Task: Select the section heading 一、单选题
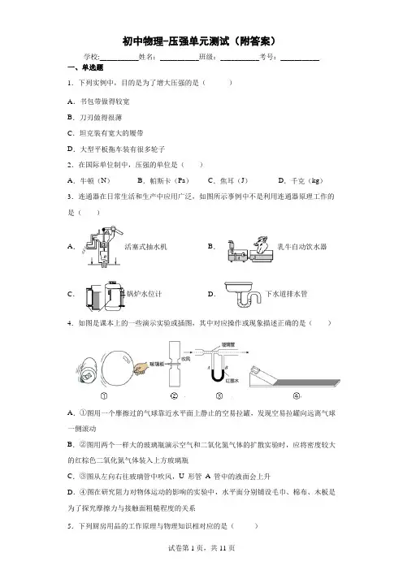[85, 67]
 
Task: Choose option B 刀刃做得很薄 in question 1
[94, 118]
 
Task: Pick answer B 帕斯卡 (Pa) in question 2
[163, 181]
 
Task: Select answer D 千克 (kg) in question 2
[301, 181]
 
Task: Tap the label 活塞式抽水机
[145, 247]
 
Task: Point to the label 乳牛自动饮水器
[302, 247]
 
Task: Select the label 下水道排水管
[286, 294]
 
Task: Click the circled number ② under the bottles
[174, 396]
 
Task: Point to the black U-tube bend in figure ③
[219, 378]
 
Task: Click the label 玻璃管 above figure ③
[228, 344]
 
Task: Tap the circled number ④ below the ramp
[297, 396]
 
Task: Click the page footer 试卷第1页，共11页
[201, 548]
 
